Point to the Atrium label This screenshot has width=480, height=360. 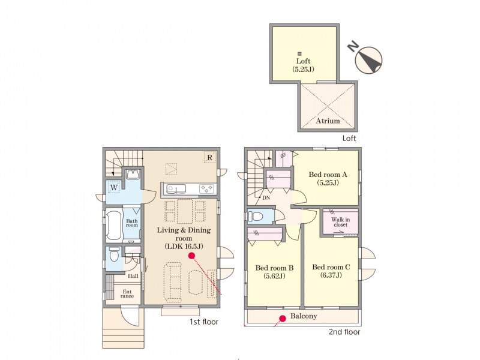pos(328,121)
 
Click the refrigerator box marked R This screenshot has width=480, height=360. pos(209,158)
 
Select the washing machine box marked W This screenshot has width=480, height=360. pos(113,187)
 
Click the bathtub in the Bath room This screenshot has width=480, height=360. pos(114,226)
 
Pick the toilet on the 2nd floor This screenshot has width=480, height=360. pos(256,216)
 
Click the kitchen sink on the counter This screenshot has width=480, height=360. pos(176,189)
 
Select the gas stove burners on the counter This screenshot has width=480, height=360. pos(206,188)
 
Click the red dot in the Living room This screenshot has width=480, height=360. pos(191,256)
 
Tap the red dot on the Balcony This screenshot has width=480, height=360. pos(283,319)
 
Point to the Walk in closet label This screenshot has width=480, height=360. pos(340,222)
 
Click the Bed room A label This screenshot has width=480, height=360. pos(328,178)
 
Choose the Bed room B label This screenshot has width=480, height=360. pos(274,272)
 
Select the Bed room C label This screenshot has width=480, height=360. pos(331,271)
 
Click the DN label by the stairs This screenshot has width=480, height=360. pos(266,198)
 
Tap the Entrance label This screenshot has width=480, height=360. pos(127,294)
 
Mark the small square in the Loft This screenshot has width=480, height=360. pos(299,54)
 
